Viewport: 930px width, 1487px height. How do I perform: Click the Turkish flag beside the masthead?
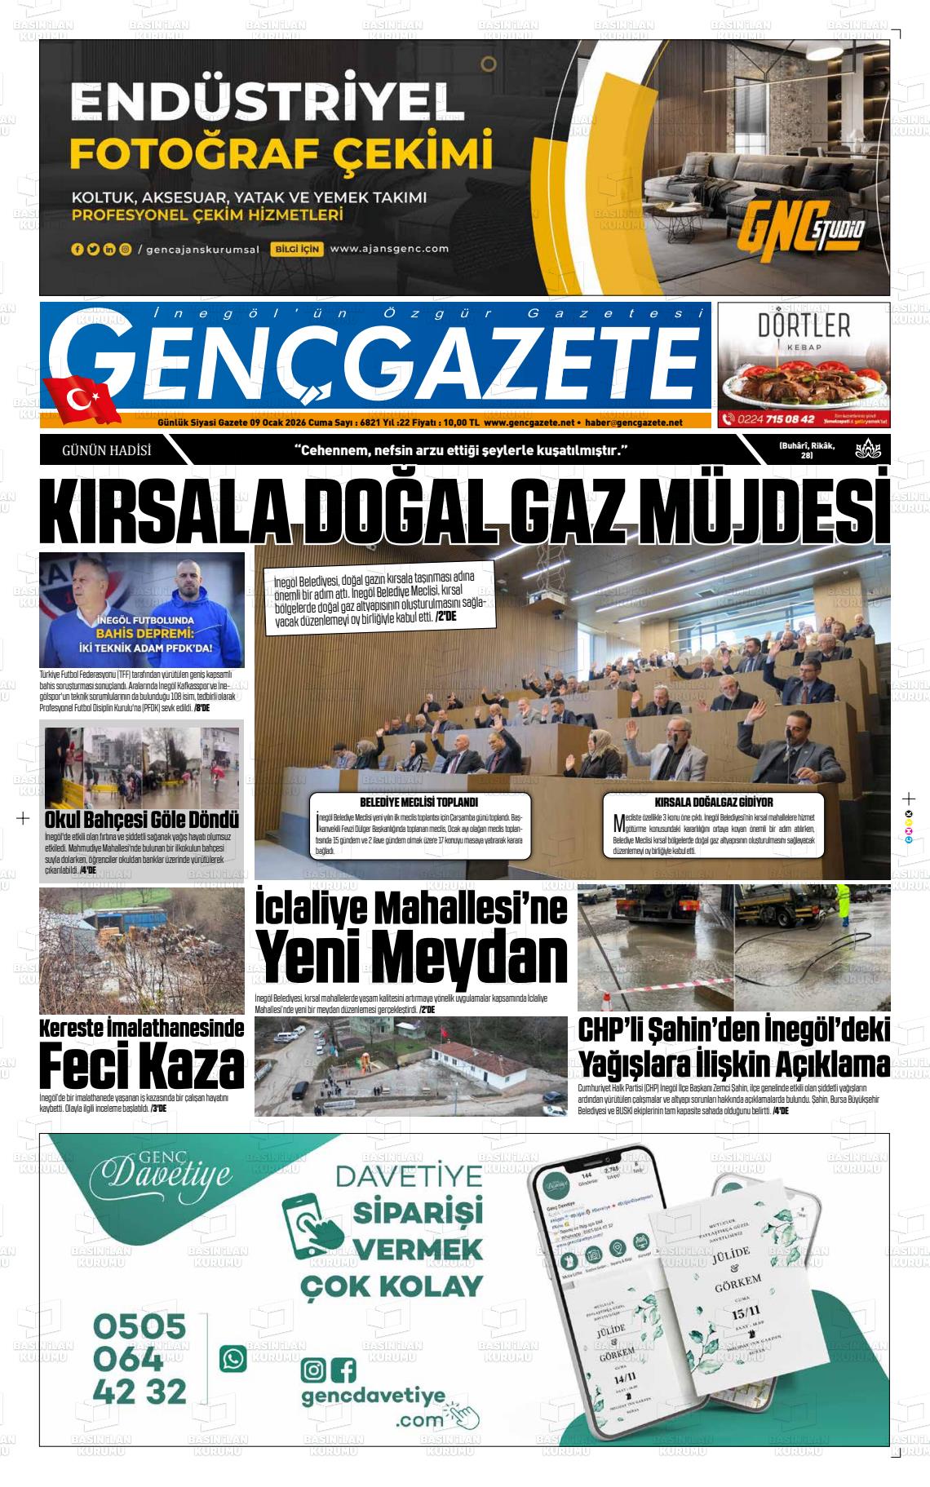tap(82, 400)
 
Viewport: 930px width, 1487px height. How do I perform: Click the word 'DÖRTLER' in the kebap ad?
tap(804, 325)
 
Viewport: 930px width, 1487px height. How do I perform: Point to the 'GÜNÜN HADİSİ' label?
tap(106, 450)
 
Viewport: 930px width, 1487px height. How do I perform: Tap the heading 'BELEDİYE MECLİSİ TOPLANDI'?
tap(418, 802)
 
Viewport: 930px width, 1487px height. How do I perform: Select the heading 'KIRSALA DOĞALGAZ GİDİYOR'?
tap(713, 802)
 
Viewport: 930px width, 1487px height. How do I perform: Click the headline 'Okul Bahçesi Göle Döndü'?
tap(141, 819)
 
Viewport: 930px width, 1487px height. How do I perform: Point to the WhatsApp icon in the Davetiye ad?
tap(232, 1358)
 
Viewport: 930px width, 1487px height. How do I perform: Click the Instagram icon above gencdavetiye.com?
tap(312, 1370)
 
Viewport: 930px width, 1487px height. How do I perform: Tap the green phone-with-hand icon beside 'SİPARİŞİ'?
tap(312, 1231)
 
